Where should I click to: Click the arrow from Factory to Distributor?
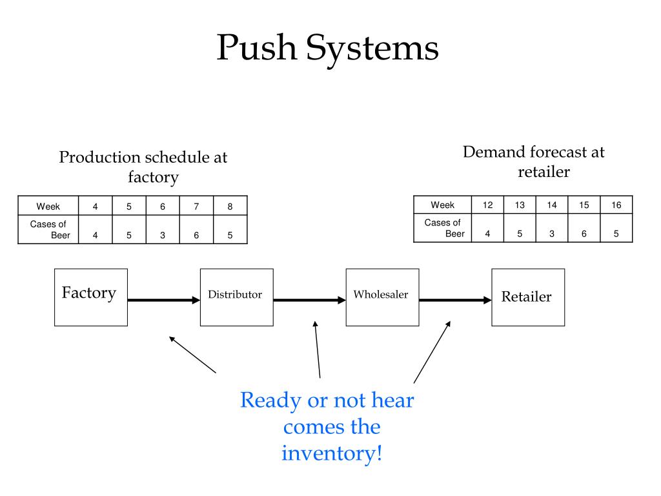(x=164, y=300)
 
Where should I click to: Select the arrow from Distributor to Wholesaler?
(x=310, y=300)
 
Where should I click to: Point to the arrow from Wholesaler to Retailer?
(x=455, y=300)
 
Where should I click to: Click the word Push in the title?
(x=257, y=47)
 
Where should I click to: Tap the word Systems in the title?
(x=372, y=50)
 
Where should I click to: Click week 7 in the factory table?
(x=196, y=206)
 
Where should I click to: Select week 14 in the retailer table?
(x=552, y=205)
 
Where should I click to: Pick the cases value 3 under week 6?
(x=163, y=235)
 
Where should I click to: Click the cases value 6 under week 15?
(x=584, y=233)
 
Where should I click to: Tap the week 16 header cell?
(x=616, y=205)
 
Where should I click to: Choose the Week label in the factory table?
(x=48, y=206)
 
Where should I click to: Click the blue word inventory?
(x=332, y=453)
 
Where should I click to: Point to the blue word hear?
(x=392, y=400)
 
